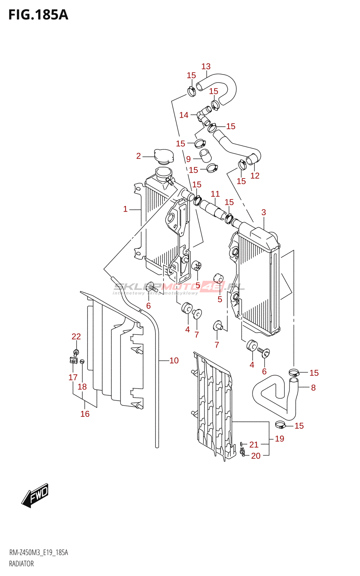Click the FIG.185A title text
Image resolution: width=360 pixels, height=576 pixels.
[x=38, y=15]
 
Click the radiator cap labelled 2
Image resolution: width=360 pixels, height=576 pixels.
[x=164, y=157]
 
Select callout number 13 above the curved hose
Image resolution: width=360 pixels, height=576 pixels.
[x=206, y=67]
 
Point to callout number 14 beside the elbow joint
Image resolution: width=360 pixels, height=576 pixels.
[x=184, y=115]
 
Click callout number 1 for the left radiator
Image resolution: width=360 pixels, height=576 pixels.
[x=125, y=209]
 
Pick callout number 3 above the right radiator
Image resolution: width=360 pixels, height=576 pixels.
[x=264, y=212]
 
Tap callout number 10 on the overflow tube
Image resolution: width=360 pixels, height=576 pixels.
[x=174, y=360]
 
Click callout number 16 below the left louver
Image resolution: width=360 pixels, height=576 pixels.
[x=85, y=414]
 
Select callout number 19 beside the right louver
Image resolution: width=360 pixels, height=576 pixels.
[x=279, y=439]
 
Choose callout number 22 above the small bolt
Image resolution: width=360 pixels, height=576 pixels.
[x=76, y=336]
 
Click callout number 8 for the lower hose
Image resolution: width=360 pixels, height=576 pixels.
[x=313, y=387]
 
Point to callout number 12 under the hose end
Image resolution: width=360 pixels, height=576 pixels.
[x=255, y=176]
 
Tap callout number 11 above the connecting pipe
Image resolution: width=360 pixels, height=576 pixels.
[x=215, y=194]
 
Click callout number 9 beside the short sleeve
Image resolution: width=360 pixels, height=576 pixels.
[x=189, y=159]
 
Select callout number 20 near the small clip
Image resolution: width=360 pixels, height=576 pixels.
[x=256, y=456]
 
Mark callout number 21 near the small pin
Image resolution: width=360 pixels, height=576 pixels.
[x=254, y=445]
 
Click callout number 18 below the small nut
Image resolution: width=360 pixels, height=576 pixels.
[x=82, y=387]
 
